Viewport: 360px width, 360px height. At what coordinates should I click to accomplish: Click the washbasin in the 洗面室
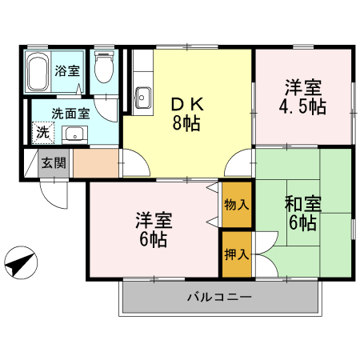coord(74,134)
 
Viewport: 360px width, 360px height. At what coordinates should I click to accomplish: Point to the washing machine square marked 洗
coord(41,131)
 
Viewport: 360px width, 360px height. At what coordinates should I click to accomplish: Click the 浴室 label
coord(67,70)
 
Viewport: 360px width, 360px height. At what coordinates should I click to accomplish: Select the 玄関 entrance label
coord(54,163)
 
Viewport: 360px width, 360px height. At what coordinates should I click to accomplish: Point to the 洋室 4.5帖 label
coord(303,96)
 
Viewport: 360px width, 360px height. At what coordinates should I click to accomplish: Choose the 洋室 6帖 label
coord(151,229)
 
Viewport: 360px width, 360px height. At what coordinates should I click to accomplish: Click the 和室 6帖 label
coord(302,213)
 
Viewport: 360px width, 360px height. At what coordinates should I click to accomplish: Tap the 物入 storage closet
coord(237,204)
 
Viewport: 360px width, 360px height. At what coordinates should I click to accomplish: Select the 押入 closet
coord(237,254)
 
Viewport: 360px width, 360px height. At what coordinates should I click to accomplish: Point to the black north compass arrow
coord(22,263)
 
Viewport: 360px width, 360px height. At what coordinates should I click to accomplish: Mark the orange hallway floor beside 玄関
coord(95,163)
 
